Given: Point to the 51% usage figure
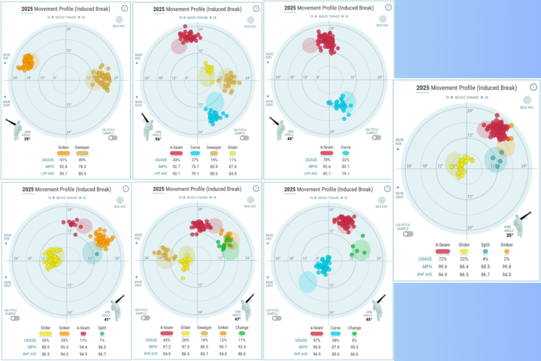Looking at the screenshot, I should [63, 160].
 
